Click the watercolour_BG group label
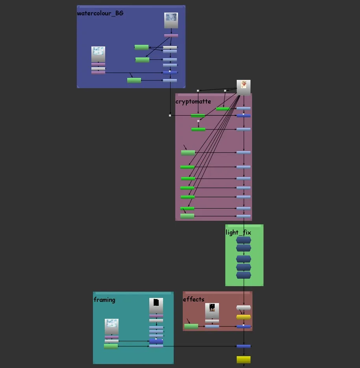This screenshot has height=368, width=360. click(x=100, y=13)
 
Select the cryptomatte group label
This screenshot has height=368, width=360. click(x=193, y=102)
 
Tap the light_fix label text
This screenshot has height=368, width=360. click(x=238, y=233)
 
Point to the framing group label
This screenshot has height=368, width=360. click(x=104, y=300)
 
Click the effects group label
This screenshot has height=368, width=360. click(x=193, y=299)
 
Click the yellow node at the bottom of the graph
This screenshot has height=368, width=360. click(x=243, y=360)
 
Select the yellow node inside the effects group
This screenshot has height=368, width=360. click(x=243, y=317)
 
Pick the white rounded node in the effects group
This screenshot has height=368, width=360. click(x=243, y=308)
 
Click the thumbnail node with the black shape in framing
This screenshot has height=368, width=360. click(x=156, y=306)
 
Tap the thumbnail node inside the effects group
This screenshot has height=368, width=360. click(x=212, y=311)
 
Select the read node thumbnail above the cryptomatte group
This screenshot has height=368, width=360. click(x=243, y=87)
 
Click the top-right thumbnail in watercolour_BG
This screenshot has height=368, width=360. click(x=171, y=20)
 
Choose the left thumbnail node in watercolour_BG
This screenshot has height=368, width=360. click(x=98, y=54)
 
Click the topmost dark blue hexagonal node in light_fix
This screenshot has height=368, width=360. click(x=243, y=240)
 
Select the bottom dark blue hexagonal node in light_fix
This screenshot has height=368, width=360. click(x=243, y=275)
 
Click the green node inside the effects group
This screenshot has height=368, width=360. click(x=191, y=326)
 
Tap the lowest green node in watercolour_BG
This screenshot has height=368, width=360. click(x=134, y=81)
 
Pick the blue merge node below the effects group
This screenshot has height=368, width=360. click(x=243, y=346)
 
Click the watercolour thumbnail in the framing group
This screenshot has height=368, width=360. click(x=111, y=326)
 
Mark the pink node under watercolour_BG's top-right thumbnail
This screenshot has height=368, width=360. click(x=171, y=36)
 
